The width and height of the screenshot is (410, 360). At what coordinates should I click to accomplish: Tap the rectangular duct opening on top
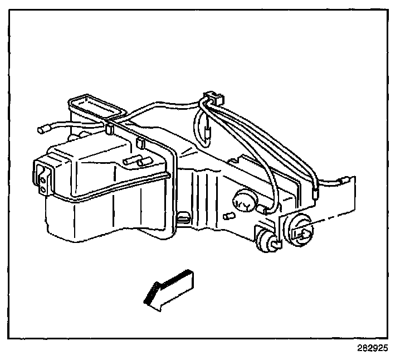95,106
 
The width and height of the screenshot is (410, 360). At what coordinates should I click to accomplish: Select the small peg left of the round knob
227,215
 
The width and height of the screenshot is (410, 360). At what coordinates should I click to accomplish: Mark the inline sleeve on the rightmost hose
315,193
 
